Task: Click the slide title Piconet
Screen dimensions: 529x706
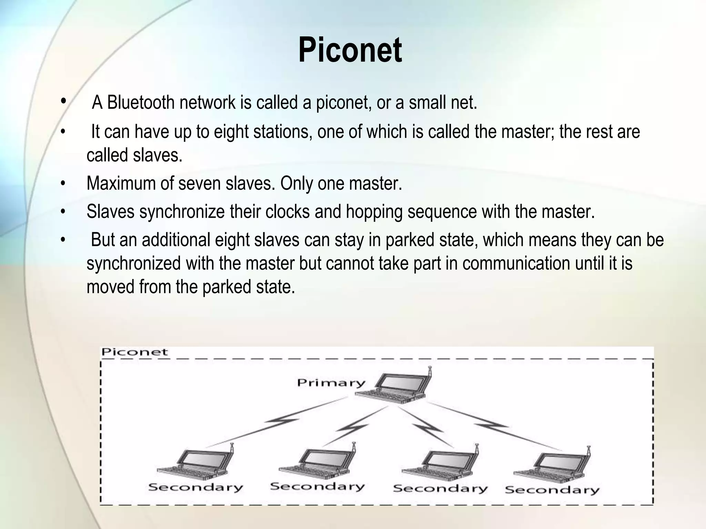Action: pos(350,51)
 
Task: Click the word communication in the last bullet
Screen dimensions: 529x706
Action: pos(516,263)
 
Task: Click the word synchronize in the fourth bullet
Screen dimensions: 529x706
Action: pos(182,211)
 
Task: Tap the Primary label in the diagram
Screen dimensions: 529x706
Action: pos(331,383)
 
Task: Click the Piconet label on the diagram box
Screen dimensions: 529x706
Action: pos(134,352)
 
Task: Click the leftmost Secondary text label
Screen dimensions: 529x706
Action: pos(195,487)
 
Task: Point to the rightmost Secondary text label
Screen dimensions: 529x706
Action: pos(552,489)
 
